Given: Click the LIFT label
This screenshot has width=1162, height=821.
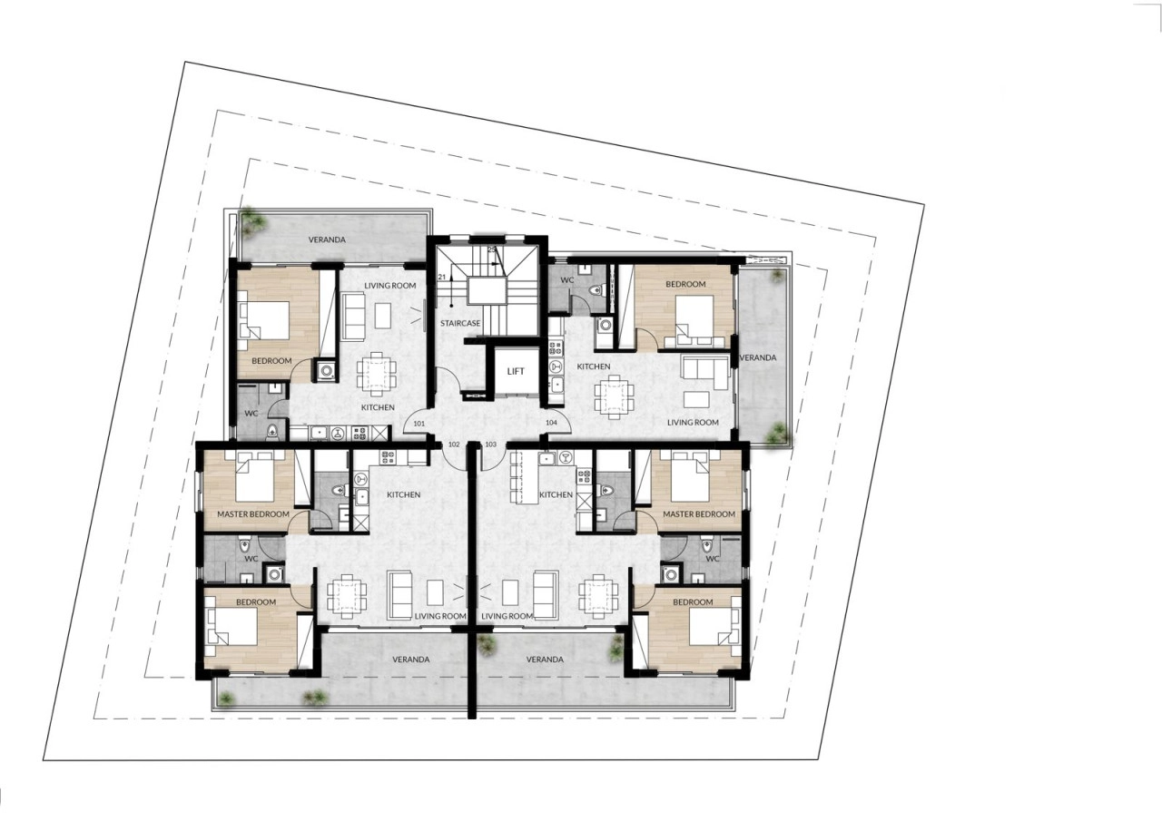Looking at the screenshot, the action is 516,371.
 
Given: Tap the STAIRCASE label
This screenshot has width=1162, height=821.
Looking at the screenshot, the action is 460,323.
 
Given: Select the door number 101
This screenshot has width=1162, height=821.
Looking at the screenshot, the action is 419,424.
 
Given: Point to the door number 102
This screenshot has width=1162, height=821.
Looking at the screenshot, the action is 454,445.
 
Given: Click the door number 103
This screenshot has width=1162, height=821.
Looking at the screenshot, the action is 490,445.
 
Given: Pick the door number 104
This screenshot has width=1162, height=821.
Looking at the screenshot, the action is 551,423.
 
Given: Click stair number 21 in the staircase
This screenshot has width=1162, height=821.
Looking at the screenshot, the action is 441,278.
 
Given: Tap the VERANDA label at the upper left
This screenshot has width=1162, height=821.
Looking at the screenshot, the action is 327,240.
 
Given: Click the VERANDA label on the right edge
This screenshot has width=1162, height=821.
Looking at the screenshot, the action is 758,357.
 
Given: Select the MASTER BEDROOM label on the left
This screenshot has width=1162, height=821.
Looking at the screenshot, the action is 253,514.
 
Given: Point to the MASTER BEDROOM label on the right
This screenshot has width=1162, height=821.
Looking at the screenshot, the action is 699,514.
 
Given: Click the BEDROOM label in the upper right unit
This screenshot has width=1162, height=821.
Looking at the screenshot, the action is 685,284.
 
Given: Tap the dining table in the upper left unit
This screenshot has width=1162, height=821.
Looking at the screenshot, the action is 377,371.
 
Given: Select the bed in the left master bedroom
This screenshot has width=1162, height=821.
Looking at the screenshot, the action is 254,475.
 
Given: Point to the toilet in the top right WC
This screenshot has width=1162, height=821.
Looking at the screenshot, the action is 596,289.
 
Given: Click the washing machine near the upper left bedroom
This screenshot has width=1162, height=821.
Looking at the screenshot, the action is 326,371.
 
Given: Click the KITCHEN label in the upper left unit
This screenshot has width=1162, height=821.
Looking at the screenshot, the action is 378,407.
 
